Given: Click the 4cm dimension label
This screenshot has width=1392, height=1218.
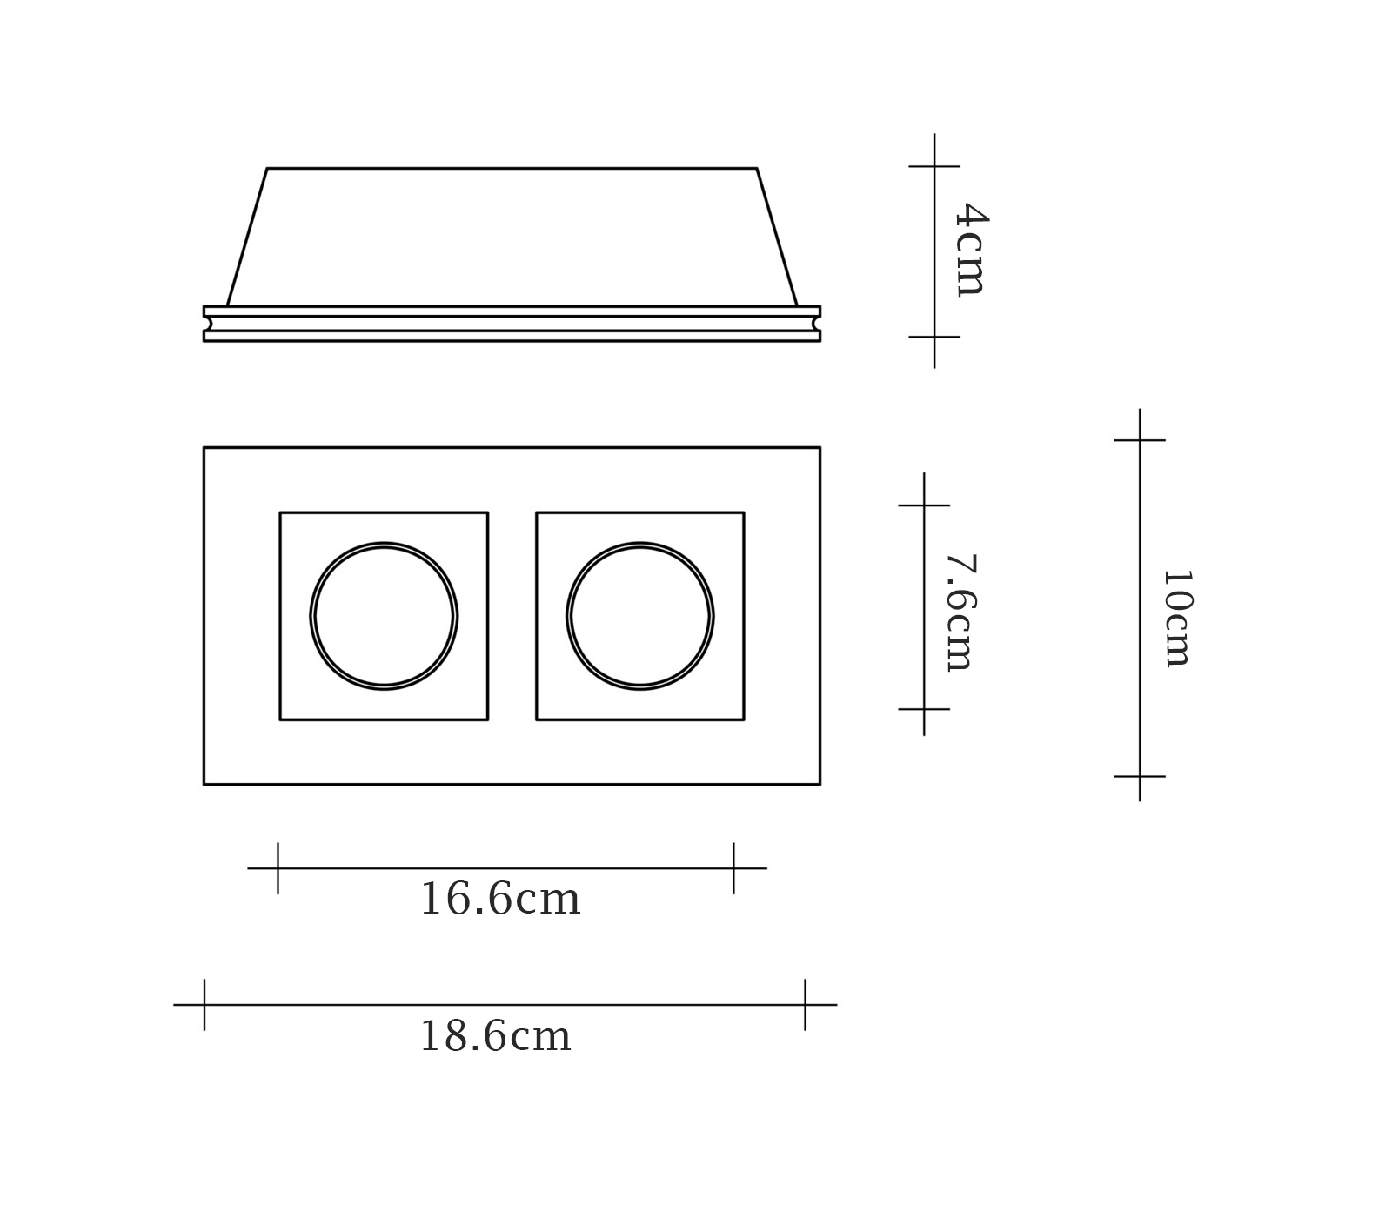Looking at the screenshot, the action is click(x=970, y=250).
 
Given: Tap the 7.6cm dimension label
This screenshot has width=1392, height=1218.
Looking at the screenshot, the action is click(x=960, y=612).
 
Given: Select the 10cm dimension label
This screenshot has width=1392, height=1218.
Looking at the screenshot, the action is click(x=1176, y=619).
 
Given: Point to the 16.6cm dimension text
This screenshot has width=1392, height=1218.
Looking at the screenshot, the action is click(x=500, y=900).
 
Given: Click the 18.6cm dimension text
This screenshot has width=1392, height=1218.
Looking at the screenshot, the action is click(x=496, y=1036).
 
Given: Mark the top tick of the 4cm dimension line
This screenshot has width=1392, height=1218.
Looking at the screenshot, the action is click(x=934, y=165).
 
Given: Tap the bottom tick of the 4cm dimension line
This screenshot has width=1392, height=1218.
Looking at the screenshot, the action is click(x=934, y=337).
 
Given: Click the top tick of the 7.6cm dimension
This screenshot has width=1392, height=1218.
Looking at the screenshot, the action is click(x=924, y=505).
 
